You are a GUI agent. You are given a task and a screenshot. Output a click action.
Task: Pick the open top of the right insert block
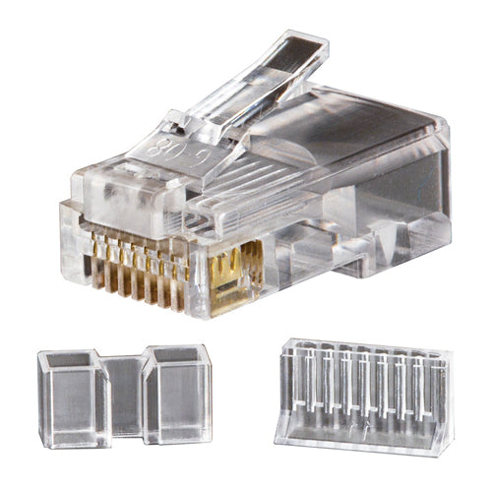pyautogui.click(x=177, y=354)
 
